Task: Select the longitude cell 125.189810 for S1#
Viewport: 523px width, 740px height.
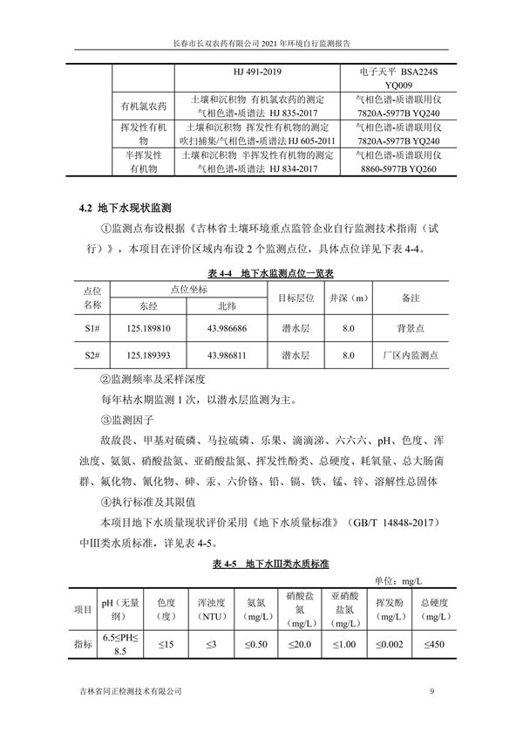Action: pos(154,329)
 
